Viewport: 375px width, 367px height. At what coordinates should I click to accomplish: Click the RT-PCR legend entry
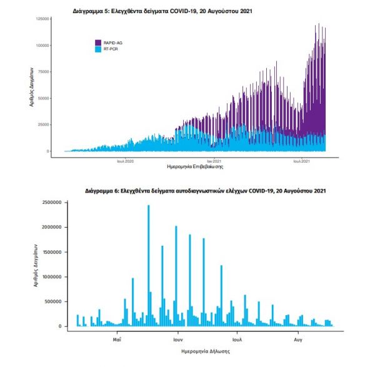pos(110,49)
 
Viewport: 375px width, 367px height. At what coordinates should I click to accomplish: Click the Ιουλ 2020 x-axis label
pos(126,161)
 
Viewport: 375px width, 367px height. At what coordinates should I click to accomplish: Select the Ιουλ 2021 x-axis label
pos(303,161)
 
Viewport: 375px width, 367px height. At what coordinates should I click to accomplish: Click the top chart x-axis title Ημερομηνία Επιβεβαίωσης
pos(187,168)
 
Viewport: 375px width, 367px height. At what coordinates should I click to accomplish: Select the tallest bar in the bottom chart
pos(148,265)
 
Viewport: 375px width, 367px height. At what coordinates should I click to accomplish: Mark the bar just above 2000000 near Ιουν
pos(176,276)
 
